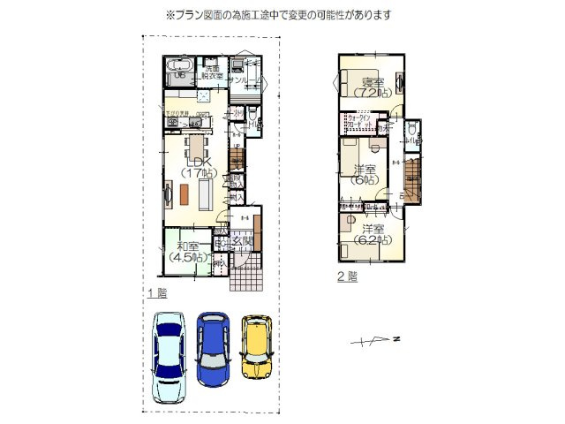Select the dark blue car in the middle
click(x=212, y=347)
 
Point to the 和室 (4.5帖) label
click(x=187, y=252)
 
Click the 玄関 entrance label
click(x=243, y=241)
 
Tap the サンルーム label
click(x=245, y=80)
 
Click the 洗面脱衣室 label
click(x=213, y=72)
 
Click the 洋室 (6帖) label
click(x=365, y=173)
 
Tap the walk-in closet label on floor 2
click(x=361, y=121)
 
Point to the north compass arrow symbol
click(x=375, y=339)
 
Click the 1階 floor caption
click(x=156, y=291)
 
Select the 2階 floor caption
click(x=346, y=276)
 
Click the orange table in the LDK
click(x=185, y=193)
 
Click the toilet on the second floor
click(x=413, y=132)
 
